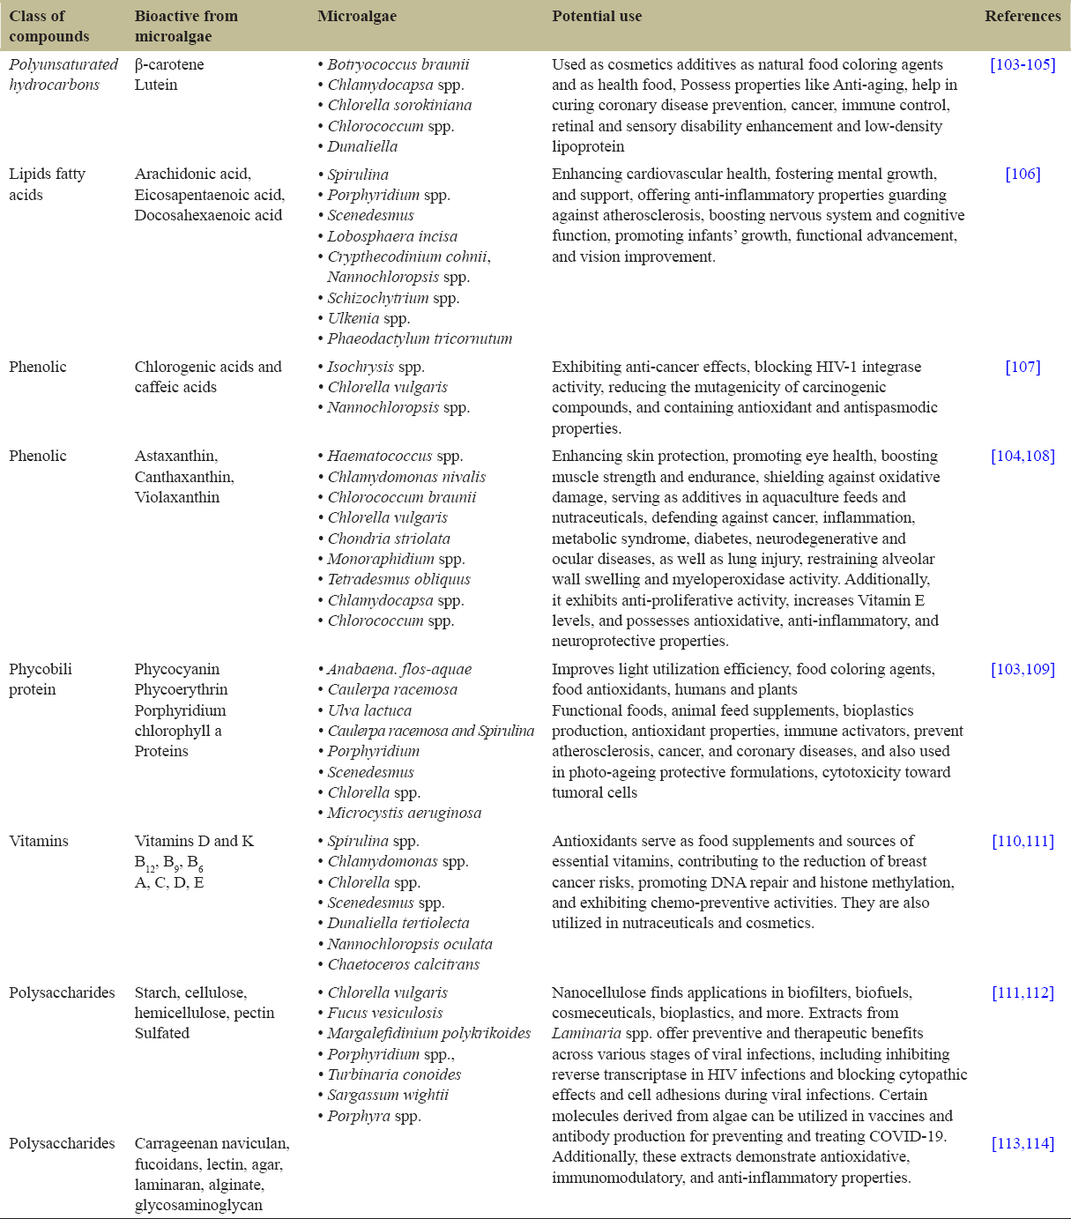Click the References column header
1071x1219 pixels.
click(1023, 16)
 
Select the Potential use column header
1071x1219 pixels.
click(597, 16)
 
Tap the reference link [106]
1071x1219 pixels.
click(1023, 174)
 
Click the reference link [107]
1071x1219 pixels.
click(1023, 367)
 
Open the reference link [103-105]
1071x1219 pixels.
click(1023, 64)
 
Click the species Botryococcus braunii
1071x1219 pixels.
click(398, 64)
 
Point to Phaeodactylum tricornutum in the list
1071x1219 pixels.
click(419, 338)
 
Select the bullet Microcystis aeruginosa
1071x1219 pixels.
click(404, 813)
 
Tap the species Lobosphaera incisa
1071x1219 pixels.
click(392, 235)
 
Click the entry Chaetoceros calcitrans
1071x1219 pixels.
click(403, 964)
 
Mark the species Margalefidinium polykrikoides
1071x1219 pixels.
click(428, 1033)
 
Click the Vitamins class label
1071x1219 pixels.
click(39, 841)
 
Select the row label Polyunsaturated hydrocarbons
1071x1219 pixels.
click(63, 74)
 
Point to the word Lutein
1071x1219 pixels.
click(156, 85)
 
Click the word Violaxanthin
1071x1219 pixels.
click(177, 497)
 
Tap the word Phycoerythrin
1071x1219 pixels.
click(181, 689)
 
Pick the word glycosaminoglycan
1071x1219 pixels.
click(198, 1205)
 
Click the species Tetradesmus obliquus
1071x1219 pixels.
click(398, 579)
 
